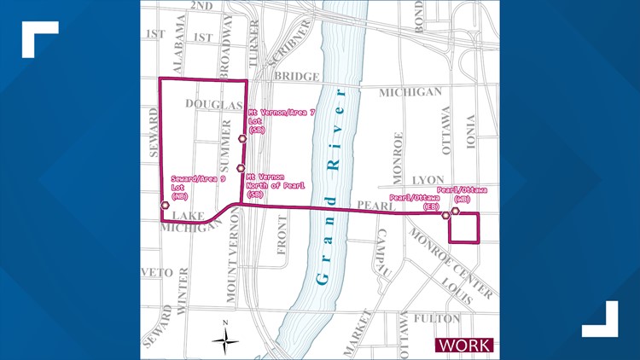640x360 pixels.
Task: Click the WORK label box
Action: click(x=464, y=345)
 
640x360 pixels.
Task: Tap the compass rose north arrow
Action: click(x=225, y=340)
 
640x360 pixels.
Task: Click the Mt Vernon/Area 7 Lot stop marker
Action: click(x=242, y=139)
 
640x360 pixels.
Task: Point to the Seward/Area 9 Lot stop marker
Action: click(x=165, y=205)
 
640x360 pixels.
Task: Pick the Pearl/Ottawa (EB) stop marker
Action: click(x=445, y=216)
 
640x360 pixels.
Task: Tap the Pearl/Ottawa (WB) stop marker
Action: click(x=457, y=210)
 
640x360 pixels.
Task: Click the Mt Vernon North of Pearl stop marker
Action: click(x=241, y=169)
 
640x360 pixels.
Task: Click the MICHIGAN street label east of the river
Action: click(x=410, y=92)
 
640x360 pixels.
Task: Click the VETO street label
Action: click(x=157, y=273)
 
